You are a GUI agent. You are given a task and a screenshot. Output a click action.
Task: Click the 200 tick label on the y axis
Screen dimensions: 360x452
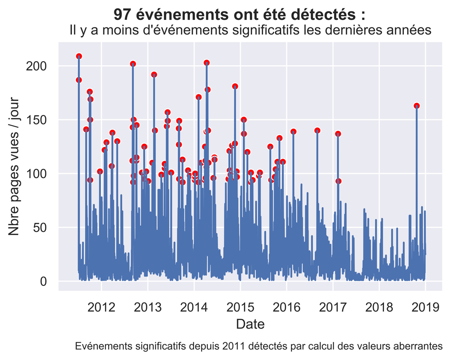coord(38,66)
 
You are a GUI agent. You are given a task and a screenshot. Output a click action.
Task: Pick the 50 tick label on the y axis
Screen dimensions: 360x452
coord(41,227)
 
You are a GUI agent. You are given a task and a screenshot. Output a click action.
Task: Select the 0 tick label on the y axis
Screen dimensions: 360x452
coord(44,281)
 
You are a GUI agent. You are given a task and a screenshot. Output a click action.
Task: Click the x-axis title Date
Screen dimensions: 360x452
coord(250,325)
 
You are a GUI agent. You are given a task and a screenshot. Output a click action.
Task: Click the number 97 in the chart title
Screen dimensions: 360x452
coord(122,15)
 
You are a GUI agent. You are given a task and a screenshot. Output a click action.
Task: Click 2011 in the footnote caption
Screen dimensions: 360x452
coord(235,346)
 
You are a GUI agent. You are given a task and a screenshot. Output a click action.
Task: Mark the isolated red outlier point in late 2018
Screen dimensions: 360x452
coord(417,106)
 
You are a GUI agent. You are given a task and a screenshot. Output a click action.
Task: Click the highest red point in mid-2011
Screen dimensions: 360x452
coord(79,56)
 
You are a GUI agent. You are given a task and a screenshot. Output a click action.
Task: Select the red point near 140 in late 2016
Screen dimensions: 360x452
coord(317,130)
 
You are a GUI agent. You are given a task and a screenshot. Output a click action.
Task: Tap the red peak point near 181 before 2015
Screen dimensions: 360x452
coord(235,87)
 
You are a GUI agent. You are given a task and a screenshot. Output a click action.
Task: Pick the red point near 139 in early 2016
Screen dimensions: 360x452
coord(294,132)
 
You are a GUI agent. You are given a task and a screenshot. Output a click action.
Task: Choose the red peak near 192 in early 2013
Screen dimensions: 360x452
coord(154,75)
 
